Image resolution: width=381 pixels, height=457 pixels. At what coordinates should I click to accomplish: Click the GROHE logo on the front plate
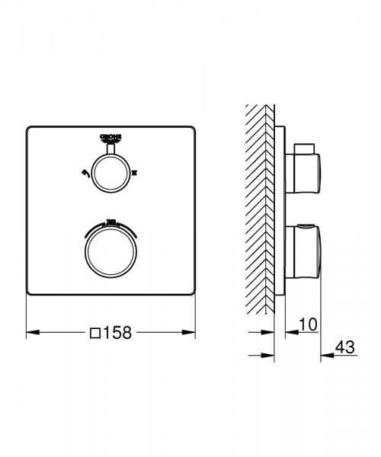point(112,137)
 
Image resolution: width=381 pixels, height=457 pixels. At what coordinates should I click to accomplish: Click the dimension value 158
point(118,332)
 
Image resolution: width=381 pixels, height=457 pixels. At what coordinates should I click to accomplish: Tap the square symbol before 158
point(96,332)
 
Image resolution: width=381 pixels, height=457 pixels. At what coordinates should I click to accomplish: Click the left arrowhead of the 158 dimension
point(31,332)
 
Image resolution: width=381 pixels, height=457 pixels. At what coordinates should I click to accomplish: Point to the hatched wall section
point(259,206)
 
